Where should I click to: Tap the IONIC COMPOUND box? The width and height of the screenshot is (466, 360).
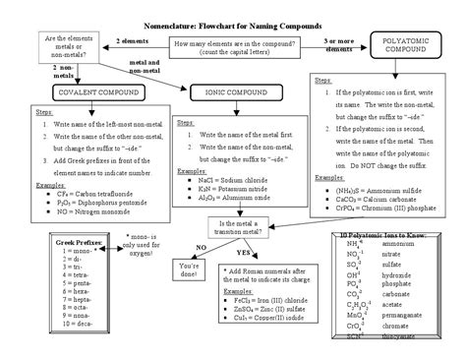230,91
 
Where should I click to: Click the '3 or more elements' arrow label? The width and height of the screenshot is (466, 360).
340,44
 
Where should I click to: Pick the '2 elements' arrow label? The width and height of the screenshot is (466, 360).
132,41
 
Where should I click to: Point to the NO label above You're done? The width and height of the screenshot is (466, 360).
201,247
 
